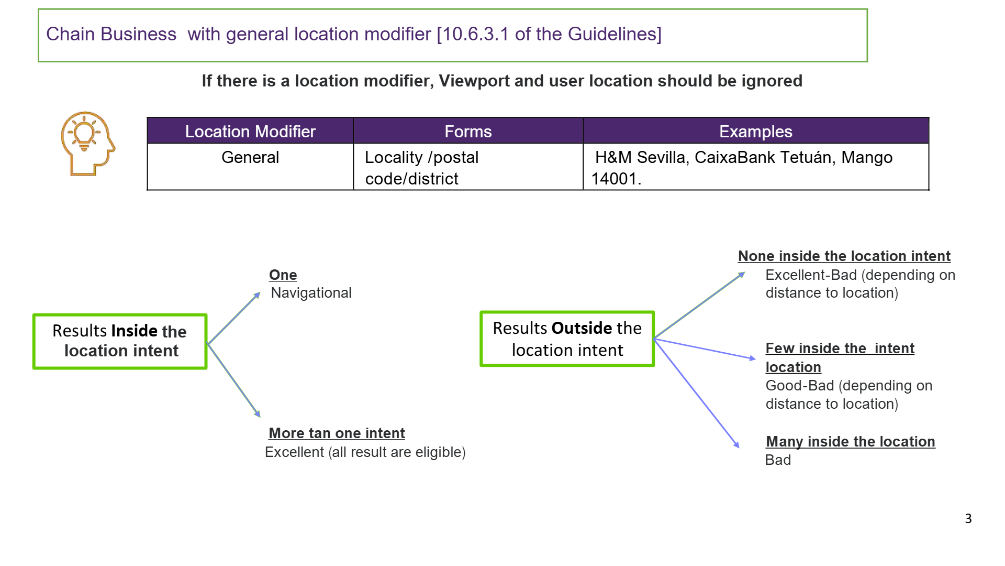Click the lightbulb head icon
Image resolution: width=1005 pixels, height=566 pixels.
87,143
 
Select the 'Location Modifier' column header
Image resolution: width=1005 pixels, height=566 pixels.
250,131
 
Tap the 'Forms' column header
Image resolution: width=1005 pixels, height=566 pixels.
468,131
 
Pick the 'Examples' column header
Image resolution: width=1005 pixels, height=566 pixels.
755,131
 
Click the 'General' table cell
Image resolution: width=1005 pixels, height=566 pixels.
250,157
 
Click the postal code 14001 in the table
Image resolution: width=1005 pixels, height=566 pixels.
614,179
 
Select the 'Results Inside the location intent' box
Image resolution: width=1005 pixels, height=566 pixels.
120,341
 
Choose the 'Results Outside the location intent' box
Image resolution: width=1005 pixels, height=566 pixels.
567,339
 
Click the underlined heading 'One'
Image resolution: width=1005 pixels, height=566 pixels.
283,275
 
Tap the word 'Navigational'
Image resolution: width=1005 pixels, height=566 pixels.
311,292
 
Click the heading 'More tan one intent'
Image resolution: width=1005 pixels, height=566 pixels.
337,433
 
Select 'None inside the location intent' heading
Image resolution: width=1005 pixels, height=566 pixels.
844,256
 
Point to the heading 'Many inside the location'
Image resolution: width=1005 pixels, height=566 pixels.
851,441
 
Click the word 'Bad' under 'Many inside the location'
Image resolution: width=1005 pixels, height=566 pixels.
778,460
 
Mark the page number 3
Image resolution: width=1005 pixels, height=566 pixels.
968,518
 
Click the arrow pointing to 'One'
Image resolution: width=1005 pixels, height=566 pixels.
234,318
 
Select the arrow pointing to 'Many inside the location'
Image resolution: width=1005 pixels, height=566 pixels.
697,394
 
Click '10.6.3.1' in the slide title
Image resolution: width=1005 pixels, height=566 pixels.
476,34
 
